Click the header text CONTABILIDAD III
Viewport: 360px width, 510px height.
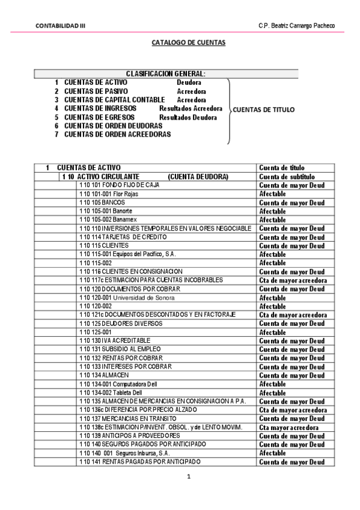pyautogui.click(x=60, y=25)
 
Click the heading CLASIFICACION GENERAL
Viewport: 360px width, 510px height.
pyautogui.click(x=165, y=73)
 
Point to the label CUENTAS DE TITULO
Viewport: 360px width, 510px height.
pyautogui.click(x=263, y=109)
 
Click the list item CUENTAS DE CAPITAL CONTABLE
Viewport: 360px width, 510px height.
pyautogui.click(x=114, y=100)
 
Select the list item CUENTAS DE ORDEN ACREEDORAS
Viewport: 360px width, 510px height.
pyautogui.click(x=117, y=135)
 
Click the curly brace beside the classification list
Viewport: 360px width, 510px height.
pyautogui.click(x=228, y=111)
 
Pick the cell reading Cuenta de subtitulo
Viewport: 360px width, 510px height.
pyautogui.click(x=287, y=177)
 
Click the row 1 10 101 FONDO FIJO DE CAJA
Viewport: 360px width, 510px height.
pyautogui.click(x=119, y=185)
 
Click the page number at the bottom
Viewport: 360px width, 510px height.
pyautogui.click(x=188, y=478)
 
